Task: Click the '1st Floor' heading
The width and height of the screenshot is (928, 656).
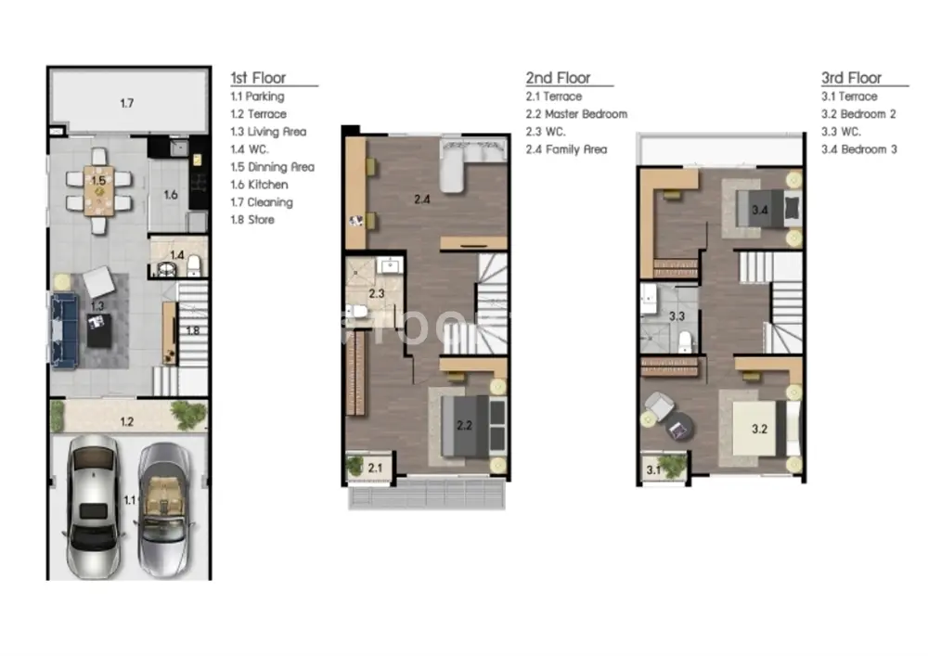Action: pos(258,78)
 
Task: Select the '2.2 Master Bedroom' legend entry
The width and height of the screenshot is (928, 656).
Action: pos(576,114)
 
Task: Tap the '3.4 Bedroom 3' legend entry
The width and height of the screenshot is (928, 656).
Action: pos(858,149)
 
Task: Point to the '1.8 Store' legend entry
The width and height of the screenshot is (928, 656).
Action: pos(252,220)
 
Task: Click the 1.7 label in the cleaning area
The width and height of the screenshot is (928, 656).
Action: pos(126,104)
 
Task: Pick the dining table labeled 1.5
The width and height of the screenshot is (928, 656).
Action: pos(99,190)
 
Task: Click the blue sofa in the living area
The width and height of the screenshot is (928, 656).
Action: pos(64,330)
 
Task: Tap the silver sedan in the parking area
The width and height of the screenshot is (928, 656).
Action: pos(94,507)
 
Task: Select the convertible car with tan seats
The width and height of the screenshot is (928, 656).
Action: pos(164,509)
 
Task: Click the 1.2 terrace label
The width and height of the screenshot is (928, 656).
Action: pos(126,422)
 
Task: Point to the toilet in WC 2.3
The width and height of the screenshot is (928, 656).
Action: pos(357,311)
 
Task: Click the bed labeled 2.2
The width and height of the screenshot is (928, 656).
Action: pos(473,426)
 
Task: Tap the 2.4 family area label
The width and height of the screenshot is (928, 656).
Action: pos(422,199)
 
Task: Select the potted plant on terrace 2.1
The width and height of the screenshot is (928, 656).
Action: pos(355,466)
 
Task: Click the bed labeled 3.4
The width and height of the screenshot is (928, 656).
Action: pos(768,209)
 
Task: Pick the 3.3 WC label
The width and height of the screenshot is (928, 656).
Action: pos(677,316)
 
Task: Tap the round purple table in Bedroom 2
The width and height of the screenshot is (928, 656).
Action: pos(678,427)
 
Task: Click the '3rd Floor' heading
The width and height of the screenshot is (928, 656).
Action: pos(851,78)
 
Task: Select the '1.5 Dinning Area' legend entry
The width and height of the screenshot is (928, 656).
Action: pos(272,167)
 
